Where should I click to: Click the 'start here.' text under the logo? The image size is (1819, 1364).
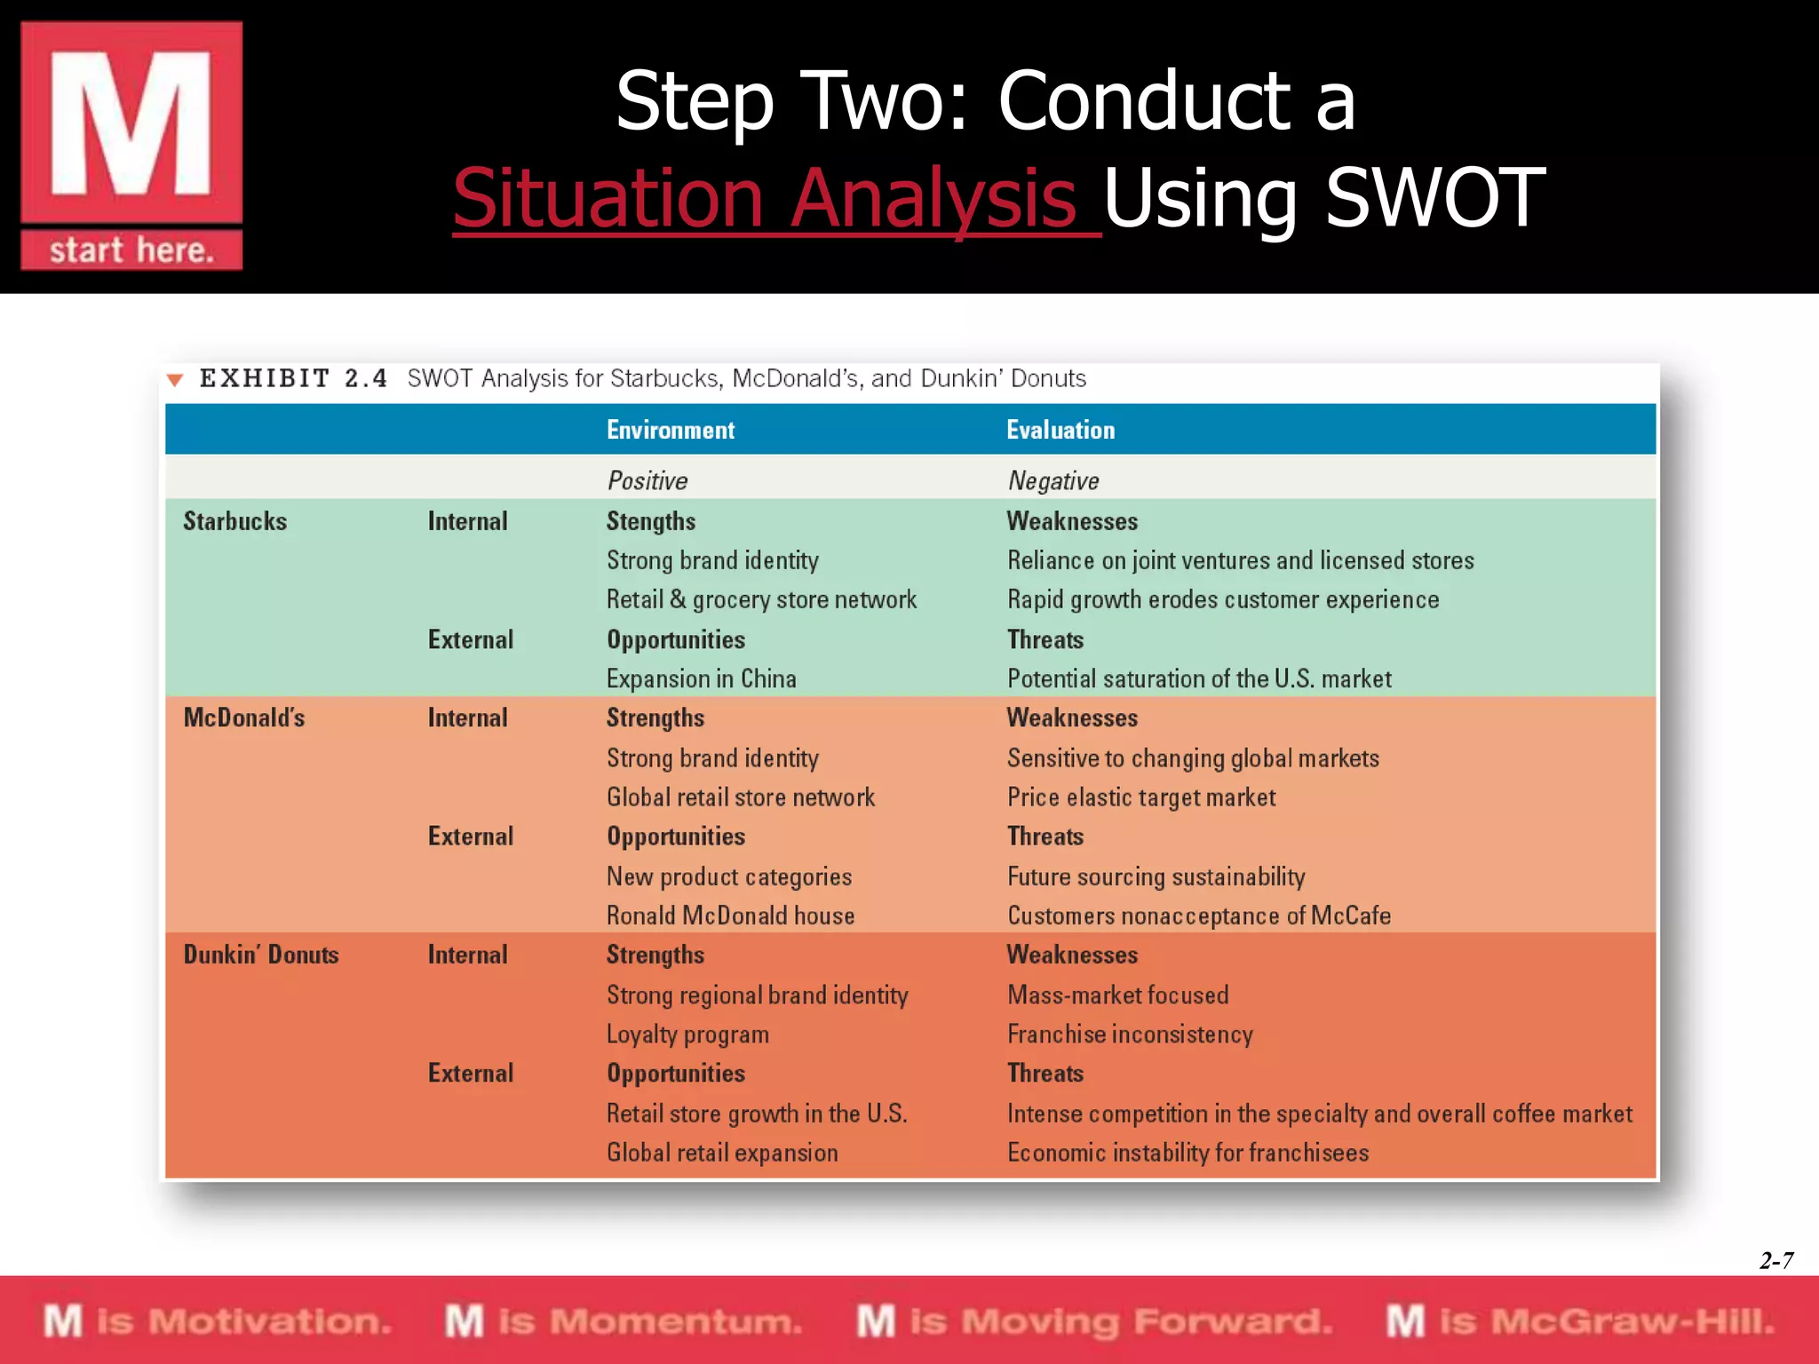pyautogui.click(x=131, y=250)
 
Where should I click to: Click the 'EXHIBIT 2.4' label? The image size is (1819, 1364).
pyautogui.click(x=293, y=378)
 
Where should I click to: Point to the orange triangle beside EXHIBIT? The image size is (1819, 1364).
pyautogui.click(x=175, y=380)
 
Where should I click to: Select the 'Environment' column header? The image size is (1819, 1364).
pyautogui.click(x=671, y=430)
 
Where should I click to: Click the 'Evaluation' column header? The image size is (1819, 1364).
pyautogui.click(x=1060, y=430)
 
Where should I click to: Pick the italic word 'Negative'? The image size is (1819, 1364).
pyautogui.click(x=1053, y=480)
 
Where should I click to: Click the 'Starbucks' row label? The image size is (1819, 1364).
pyautogui.click(x=235, y=521)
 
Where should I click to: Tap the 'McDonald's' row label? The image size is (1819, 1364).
pyautogui.click(x=244, y=718)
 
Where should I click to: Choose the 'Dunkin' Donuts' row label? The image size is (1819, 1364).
pyautogui.click(x=261, y=955)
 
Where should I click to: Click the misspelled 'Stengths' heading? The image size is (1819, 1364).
pyautogui.click(x=650, y=521)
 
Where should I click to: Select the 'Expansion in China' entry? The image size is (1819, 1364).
pyautogui.click(x=701, y=678)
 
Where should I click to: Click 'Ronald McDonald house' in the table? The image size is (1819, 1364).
pyautogui.click(x=730, y=916)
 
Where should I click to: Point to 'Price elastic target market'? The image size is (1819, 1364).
pyautogui.click(x=1140, y=797)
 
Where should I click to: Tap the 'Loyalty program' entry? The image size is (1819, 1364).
pyautogui.click(x=687, y=1035)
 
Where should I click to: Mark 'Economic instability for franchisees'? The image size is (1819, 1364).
pyautogui.click(x=1188, y=1153)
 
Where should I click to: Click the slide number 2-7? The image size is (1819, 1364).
pyautogui.click(x=1775, y=1260)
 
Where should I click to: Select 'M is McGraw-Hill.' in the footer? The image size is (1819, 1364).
pyautogui.click(x=1580, y=1321)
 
